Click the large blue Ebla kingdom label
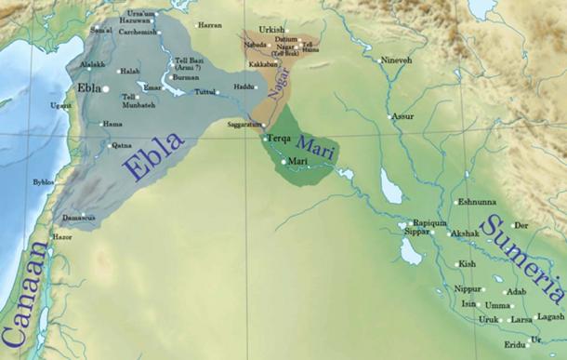[x=153, y=153]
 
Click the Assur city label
[x=402, y=117]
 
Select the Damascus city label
[x=79, y=218]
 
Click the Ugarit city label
[x=60, y=106]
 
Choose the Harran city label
[x=211, y=25]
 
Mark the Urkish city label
[x=271, y=30]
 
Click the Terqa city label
[x=279, y=139]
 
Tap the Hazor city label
[x=62, y=237]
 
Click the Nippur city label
[x=468, y=288]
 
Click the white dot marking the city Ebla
[x=106, y=89]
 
